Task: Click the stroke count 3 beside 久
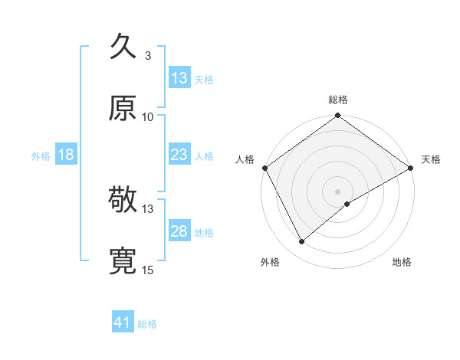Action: point(147,56)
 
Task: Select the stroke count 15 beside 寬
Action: point(148,270)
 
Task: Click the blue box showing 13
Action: point(179,78)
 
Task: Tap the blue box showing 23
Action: point(179,155)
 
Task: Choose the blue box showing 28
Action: point(179,231)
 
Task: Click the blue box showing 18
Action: point(66,155)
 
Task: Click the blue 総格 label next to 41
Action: point(147,324)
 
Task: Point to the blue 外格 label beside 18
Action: point(41,155)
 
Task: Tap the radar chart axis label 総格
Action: point(338,100)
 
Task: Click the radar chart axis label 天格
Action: point(431,159)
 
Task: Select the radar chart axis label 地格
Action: point(402,262)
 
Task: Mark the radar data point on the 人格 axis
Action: point(264,167)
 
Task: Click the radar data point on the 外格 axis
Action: point(302,241)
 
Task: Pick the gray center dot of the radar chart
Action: point(338,191)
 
